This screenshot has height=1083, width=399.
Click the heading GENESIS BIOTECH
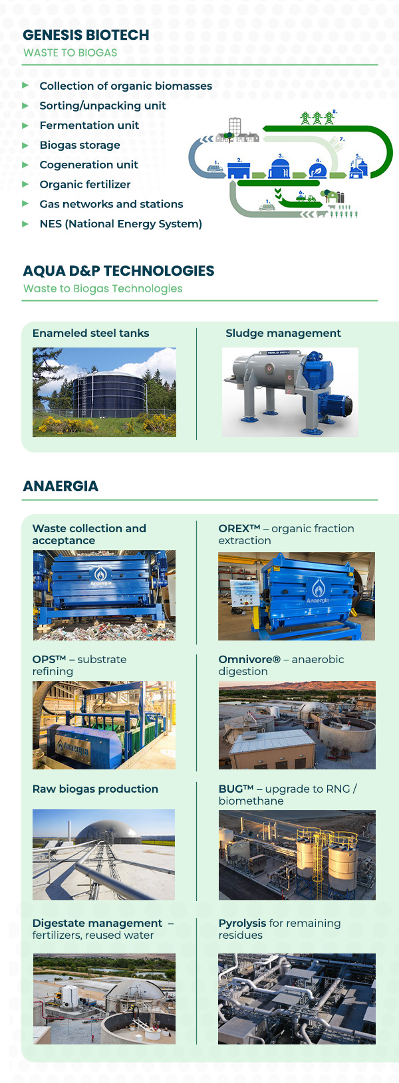[86, 35]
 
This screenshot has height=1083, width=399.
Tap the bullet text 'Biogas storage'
[80, 145]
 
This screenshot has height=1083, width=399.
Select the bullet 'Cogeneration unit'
[88, 165]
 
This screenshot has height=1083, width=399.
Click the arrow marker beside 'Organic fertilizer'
[25, 184]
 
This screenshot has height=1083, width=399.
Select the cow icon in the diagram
[323, 214]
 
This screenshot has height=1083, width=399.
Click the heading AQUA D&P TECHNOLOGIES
[118, 271]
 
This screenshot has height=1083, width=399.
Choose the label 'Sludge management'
[283, 334]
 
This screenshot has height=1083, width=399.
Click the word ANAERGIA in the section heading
[61, 486]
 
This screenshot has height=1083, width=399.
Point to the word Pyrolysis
[242, 924]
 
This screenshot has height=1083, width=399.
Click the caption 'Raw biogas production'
[95, 789]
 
